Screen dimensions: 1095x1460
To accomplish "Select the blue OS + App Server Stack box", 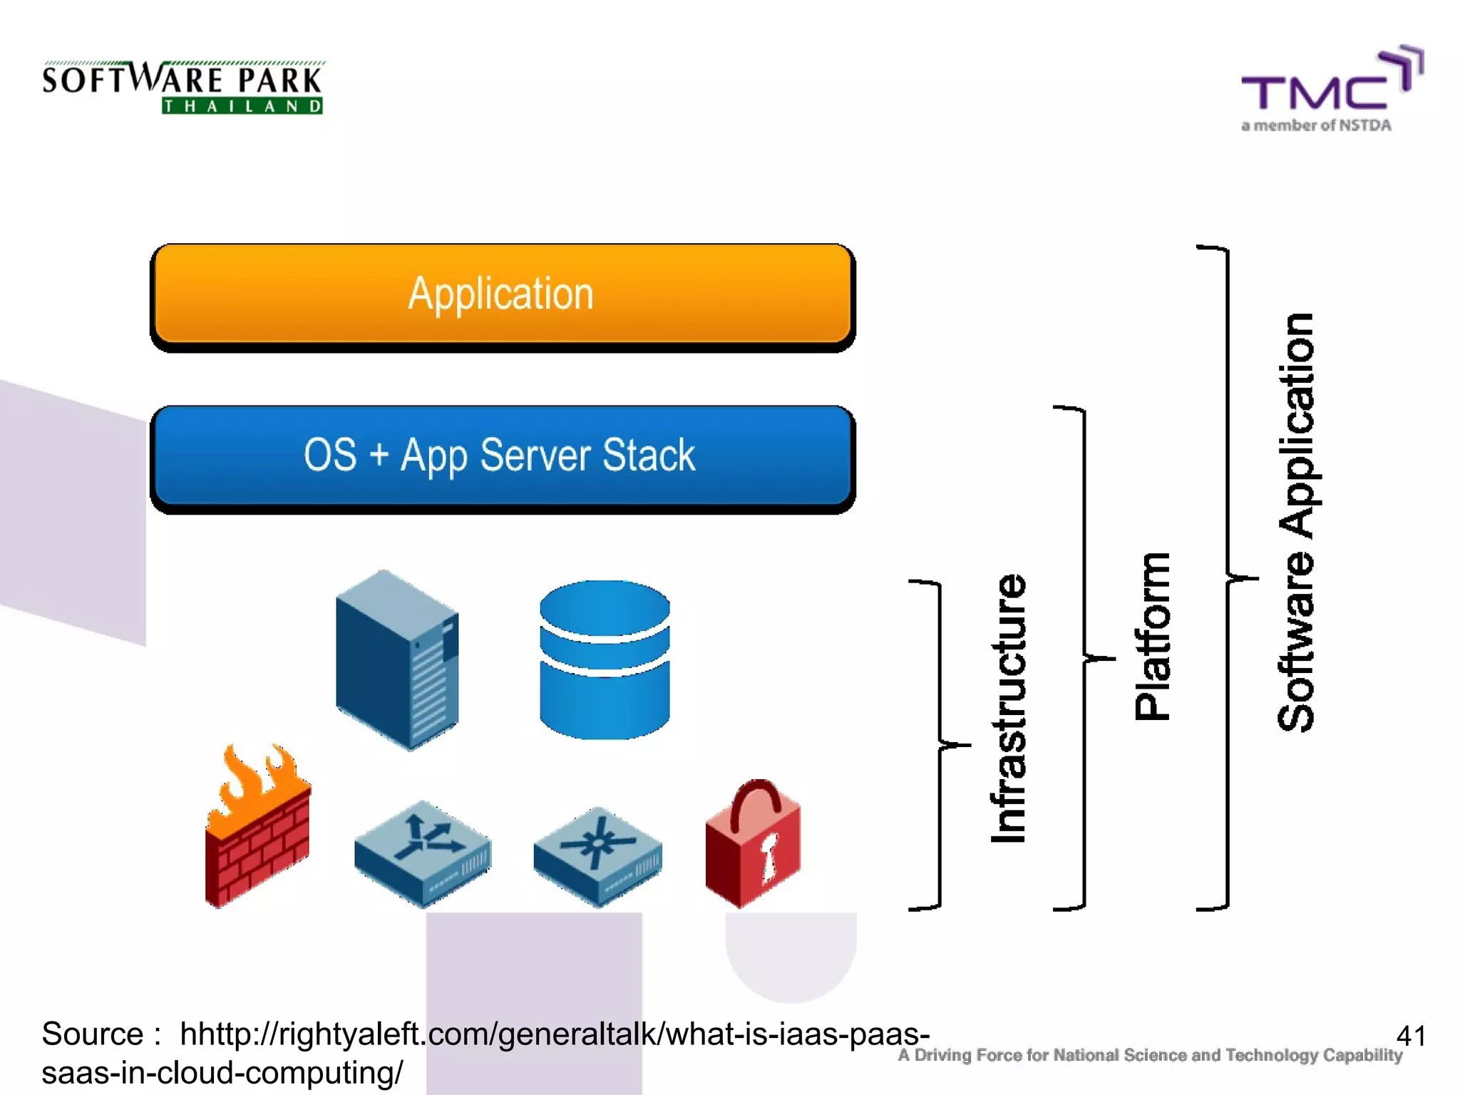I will [502, 456].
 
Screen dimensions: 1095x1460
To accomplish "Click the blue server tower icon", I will [397, 659].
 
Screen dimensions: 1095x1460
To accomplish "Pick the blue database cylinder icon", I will [605, 659].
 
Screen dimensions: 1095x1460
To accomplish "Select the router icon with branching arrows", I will [423, 853].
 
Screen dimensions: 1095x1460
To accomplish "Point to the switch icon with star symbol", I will [597, 855].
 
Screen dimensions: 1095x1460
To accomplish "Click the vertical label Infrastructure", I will [1009, 709].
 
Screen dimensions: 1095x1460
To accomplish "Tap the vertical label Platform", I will [1151, 636].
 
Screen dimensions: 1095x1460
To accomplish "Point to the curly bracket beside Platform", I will [1083, 657].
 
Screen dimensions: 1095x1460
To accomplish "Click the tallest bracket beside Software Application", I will [1226, 577].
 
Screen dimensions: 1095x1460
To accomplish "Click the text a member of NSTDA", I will [1315, 125].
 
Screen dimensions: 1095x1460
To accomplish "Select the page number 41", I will [1409, 1035].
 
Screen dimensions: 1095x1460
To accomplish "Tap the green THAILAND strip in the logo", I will [242, 106].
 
